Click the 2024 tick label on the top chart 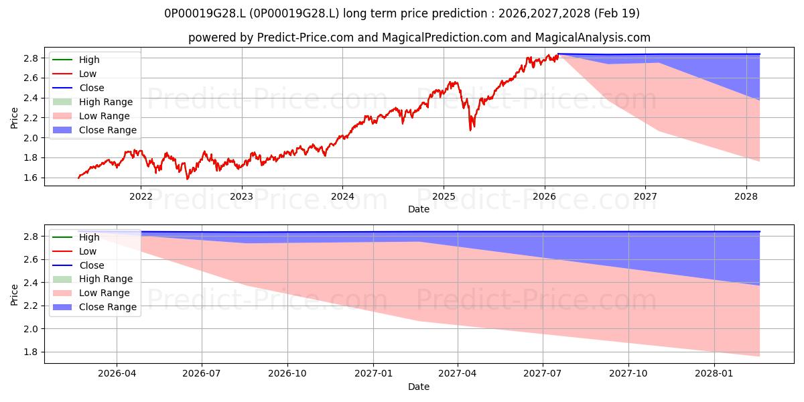[342, 196]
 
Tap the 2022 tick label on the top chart [141, 196]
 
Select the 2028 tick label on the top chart [746, 196]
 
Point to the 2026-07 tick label [202, 373]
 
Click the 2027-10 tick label [628, 373]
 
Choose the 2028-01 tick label [714, 373]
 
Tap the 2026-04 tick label [117, 373]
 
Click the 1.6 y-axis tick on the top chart [31, 178]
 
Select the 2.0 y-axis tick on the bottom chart [31, 329]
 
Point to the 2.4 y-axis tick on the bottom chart [31, 283]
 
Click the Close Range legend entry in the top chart [94, 130]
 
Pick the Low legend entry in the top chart [74, 74]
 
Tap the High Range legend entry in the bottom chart [92, 279]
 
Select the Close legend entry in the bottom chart [78, 265]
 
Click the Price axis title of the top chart [14, 118]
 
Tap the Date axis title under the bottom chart [419, 387]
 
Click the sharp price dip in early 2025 [470, 130]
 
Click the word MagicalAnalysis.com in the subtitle [592, 38]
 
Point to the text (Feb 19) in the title [616, 13]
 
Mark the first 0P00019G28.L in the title [205, 13]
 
